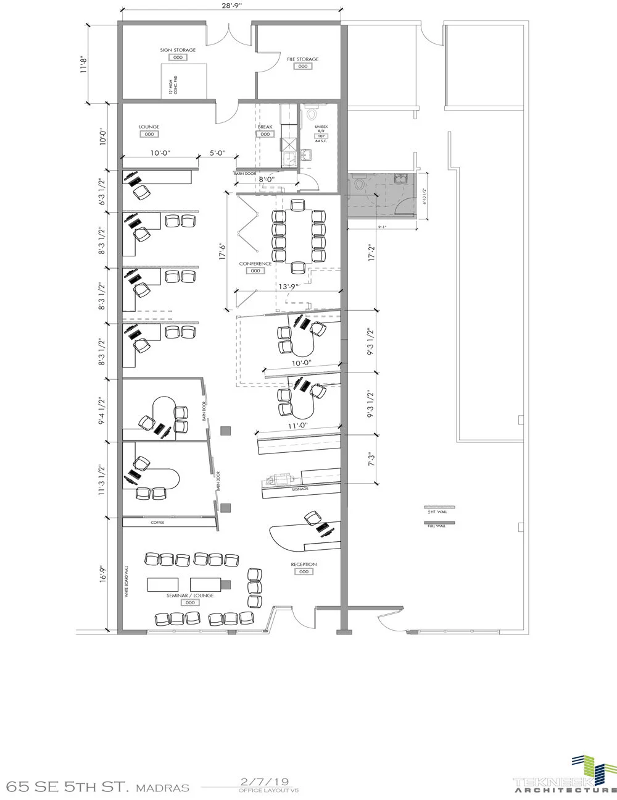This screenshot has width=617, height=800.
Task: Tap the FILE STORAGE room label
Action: [302, 59]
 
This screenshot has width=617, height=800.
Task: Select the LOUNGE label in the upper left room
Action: [149, 127]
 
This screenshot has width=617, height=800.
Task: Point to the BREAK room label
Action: [265, 127]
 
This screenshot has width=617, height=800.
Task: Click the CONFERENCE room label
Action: [255, 264]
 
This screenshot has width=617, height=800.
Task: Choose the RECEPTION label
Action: [304, 564]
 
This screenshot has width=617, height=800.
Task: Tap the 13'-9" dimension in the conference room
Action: [289, 287]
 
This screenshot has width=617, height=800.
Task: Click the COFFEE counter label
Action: [157, 523]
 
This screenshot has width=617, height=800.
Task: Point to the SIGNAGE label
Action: [301, 489]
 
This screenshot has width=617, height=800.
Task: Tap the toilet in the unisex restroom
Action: [312, 114]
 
